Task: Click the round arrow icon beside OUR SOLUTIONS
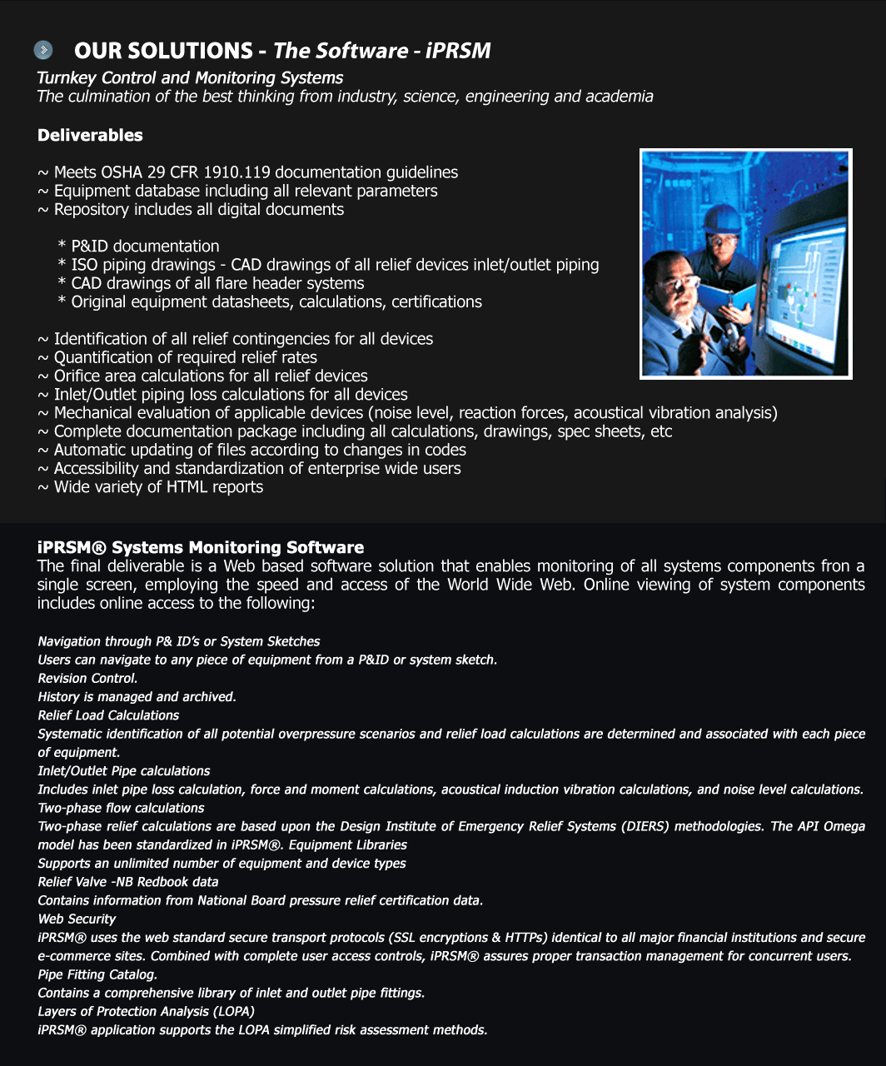(43, 51)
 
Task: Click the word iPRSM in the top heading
(458, 51)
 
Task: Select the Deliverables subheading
(90, 135)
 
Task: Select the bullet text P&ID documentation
(145, 247)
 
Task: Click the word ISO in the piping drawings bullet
(85, 265)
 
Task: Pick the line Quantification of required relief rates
(185, 357)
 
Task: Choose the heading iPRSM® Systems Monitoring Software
(201, 547)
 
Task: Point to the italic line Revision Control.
(87, 679)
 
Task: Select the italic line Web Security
(77, 919)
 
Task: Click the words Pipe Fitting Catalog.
(97, 974)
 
